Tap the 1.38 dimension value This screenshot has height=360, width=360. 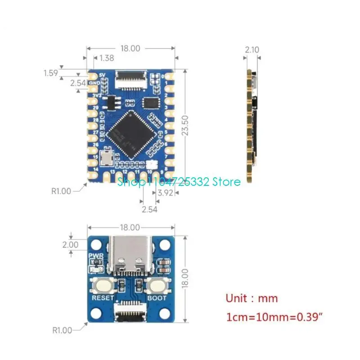tap(107, 58)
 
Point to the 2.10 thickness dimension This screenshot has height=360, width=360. tap(252, 50)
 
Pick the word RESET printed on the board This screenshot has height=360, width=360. tap(103, 298)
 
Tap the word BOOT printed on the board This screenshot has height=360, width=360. tap(157, 298)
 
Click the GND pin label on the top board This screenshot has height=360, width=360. tap(94, 83)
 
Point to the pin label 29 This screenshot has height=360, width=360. tap(95, 108)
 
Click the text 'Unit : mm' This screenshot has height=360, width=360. tap(252, 298)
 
